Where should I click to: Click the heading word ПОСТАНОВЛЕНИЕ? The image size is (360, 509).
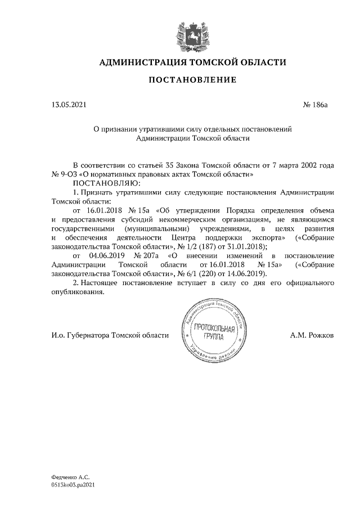(x=192, y=80)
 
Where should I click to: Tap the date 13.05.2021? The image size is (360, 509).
(x=69, y=105)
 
